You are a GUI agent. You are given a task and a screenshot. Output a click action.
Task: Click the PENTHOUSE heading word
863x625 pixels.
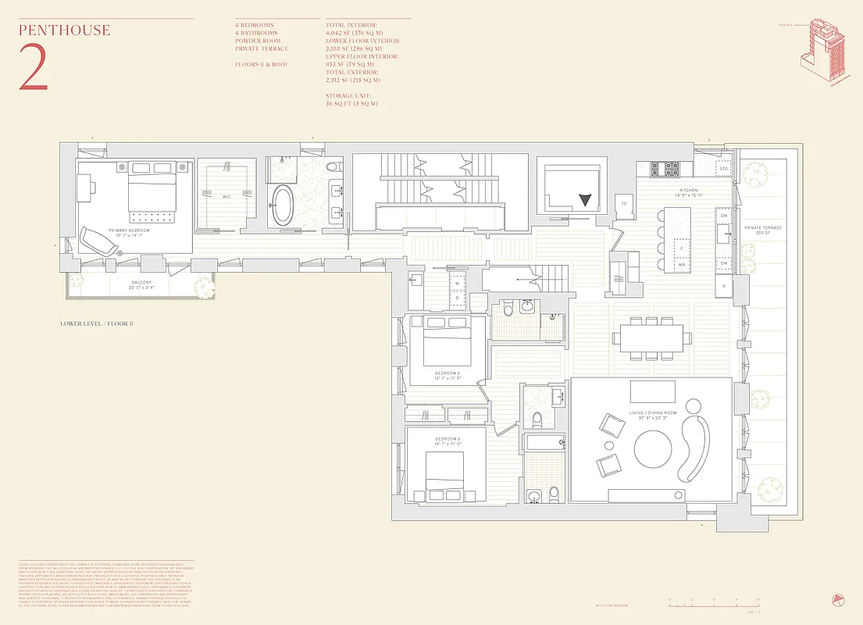(x=64, y=31)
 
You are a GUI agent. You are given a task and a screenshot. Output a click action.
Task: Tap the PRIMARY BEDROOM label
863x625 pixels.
(x=130, y=231)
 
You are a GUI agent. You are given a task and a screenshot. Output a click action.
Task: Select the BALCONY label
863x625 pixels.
(x=141, y=284)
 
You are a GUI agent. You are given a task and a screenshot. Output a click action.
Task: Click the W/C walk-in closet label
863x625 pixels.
(x=225, y=196)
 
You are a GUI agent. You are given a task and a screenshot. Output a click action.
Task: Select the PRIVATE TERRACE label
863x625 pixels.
(x=763, y=227)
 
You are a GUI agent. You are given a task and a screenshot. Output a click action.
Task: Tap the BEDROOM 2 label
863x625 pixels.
(x=448, y=374)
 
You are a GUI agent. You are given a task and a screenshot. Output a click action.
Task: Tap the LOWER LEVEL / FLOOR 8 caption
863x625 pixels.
(x=97, y=323)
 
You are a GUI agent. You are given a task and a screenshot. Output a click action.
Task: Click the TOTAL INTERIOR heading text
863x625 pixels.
(x=351, y=25)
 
